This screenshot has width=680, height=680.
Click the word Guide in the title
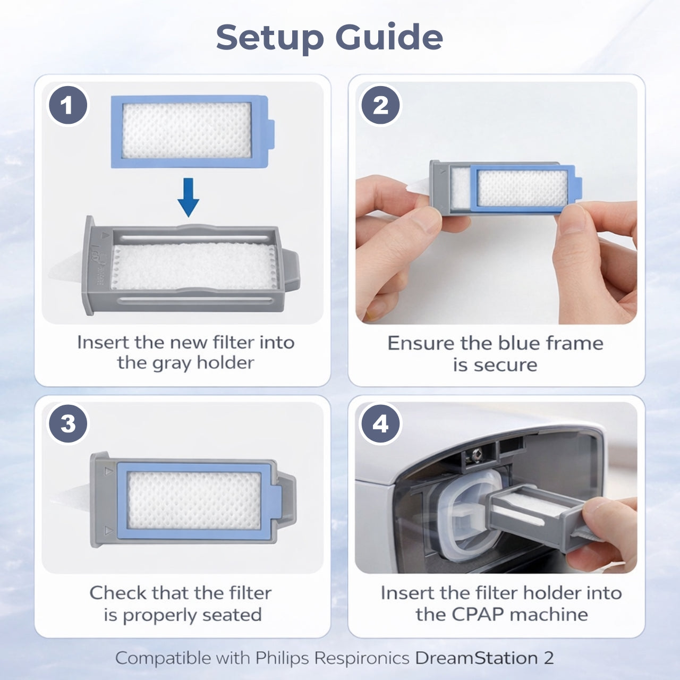pyautogui.click(x=389, y=37)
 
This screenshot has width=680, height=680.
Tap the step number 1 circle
pyautogui.click(x=68, y=105)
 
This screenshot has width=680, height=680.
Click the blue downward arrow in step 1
pyautogui.click(x=189, y=198)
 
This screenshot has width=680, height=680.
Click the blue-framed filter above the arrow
pyautogui.click(x=193, y=131)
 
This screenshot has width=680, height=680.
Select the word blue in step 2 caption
pyautogui.click(x=521, y=343)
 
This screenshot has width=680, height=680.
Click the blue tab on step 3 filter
pyautogui.click(x=277, y=501)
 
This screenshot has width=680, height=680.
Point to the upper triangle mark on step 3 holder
pyautogui.click(x=109, y=471)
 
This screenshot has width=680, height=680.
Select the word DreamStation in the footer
pyautogui.click(x=477, y=658)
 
